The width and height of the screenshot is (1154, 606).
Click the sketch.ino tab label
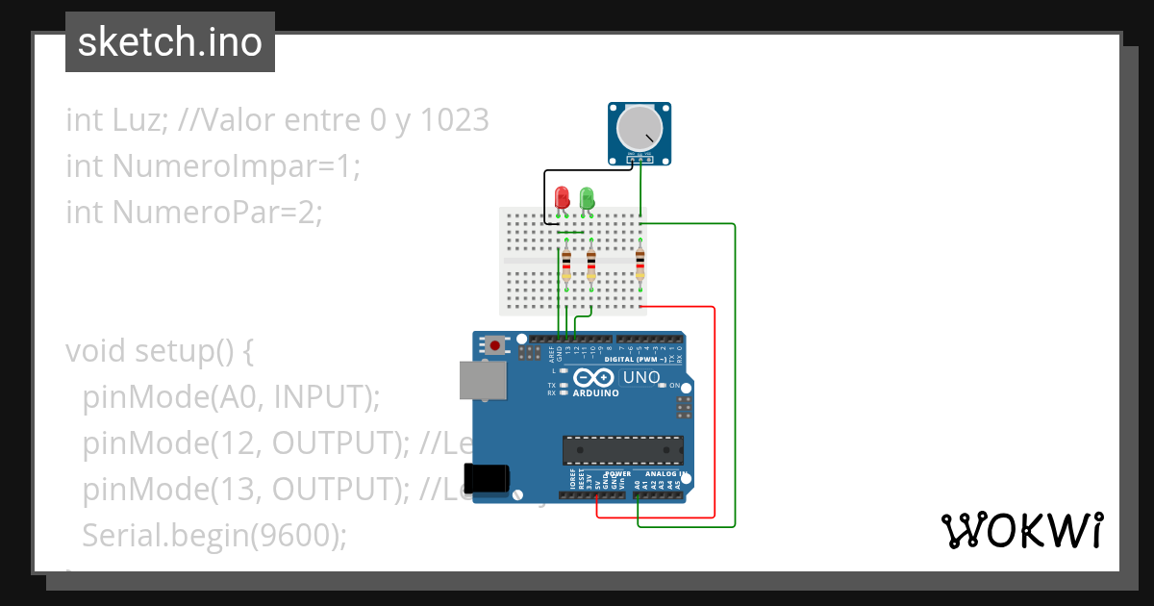[170, 42]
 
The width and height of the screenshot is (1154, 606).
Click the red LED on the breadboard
[563, 197]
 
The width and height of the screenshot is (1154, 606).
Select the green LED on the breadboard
[587, 198]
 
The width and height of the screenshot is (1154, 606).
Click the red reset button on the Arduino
[495, 344]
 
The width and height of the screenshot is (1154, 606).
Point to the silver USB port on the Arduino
[482, 380]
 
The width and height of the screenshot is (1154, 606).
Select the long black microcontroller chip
[622, 449]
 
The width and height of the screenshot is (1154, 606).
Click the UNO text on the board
[641, 377]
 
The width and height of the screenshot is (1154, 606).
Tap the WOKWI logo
[1021, 530]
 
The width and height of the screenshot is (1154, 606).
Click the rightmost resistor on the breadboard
[640, 262]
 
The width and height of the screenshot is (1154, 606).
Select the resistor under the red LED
[566, 262]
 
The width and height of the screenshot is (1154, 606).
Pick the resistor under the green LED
[591, 262]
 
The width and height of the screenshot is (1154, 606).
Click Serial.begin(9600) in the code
[213, 535]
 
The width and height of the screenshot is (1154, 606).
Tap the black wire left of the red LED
[546, 197]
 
